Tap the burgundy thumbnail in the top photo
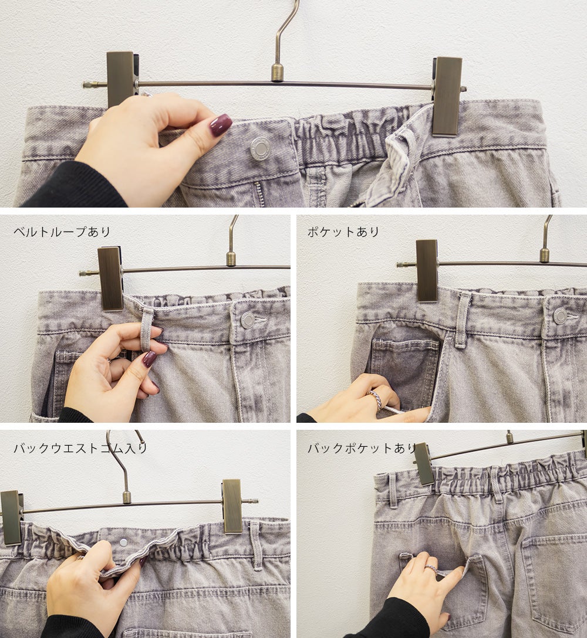[220, 124]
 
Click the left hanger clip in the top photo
[120, 79]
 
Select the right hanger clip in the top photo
[447, 96]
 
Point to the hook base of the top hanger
[278, 72]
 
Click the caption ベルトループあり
[62, 232]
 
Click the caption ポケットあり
[344, 232]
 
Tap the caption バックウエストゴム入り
[80, 448]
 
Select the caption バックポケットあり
[362, 448]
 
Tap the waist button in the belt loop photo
[248, 320]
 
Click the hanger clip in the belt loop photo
[110, 279]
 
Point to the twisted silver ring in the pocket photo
[377, 399]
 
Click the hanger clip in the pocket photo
[427, 270]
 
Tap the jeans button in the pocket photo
[561, 316]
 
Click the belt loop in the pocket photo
[463, 321]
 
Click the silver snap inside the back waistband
[123, 542]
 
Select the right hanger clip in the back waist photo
[232, 506]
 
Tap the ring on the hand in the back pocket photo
[431, 568]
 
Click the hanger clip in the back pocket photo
[424, 464]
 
